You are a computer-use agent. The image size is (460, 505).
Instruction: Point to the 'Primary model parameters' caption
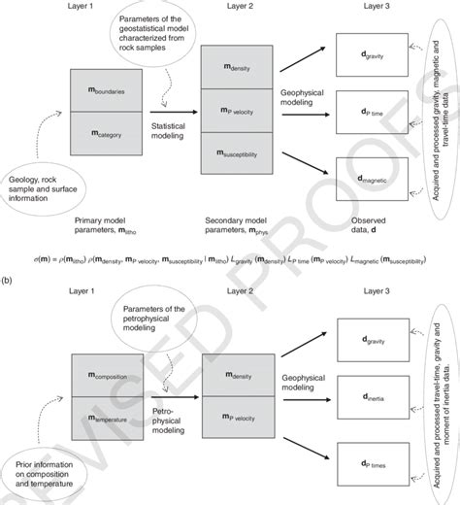pyautogui.click(x=105, y=225)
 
